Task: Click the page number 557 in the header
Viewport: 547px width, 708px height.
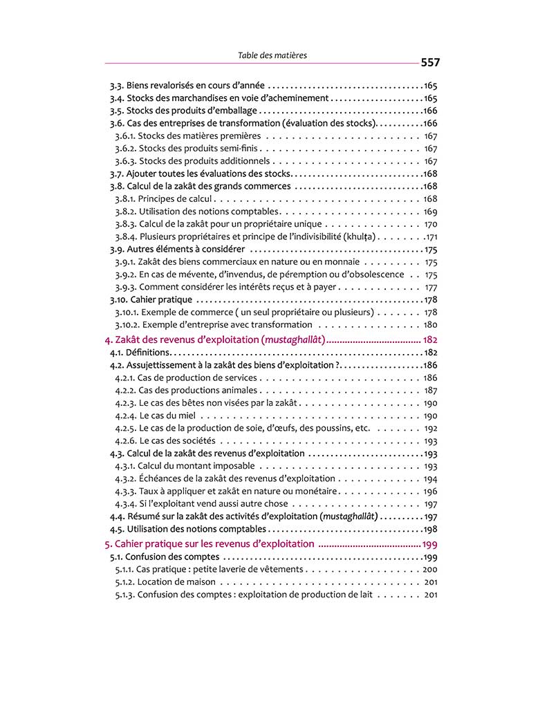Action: (429, 62)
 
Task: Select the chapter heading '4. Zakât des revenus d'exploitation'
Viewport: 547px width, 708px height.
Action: (214, 339)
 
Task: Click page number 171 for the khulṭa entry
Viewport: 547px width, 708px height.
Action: (431, 237)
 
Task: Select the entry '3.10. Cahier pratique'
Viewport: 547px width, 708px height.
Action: (151, 299)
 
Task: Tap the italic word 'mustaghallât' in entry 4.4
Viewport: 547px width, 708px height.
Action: (350, 516)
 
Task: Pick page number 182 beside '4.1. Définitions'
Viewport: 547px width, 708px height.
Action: (431, 353)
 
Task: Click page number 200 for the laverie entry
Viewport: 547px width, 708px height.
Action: (429, 569)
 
